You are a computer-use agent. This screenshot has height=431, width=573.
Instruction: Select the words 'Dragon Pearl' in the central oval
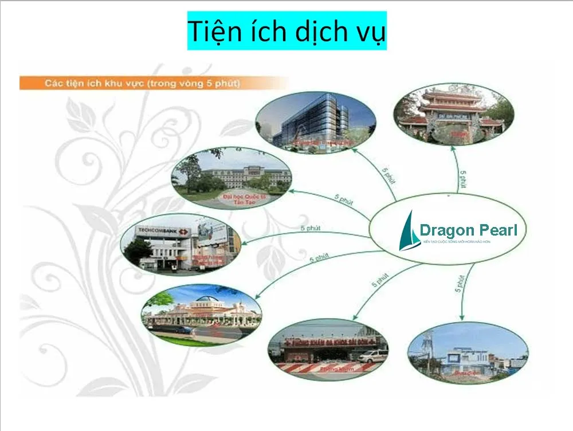[x=468, y=230]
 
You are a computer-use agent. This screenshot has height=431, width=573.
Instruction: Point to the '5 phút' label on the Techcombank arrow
[x=310, y=229]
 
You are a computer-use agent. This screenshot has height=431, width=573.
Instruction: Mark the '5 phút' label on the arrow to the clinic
[x=378, y=280]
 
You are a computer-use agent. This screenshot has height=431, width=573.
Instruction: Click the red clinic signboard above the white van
[x=327, y=343]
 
